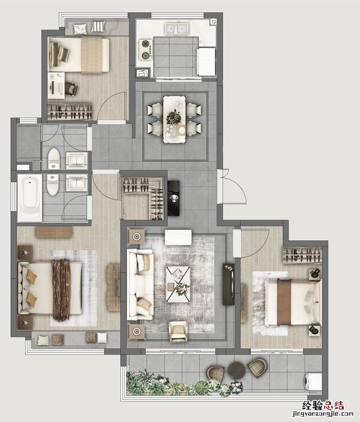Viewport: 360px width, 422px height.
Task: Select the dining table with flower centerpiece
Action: pos(175,119)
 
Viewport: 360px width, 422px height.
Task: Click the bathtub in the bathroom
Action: pos(30,198)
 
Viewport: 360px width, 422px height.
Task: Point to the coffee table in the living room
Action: pos(178,284)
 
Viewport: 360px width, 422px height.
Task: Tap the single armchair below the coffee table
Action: pos(178,331)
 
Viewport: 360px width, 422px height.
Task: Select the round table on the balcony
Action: pos(237,370)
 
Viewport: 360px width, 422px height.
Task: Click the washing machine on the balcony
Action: pos(313,381)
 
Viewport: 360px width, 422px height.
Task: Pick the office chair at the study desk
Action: pos(71,88)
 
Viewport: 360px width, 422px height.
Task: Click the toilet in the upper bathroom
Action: pos(54,159)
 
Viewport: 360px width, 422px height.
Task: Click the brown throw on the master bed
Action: pos(61,290)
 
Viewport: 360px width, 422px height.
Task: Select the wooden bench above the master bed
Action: pos(54,232)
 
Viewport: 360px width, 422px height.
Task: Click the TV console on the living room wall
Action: pos(229,284)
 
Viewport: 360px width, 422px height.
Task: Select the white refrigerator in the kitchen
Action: pos(206,61)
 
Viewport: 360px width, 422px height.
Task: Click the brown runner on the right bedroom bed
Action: pos(284,302)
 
